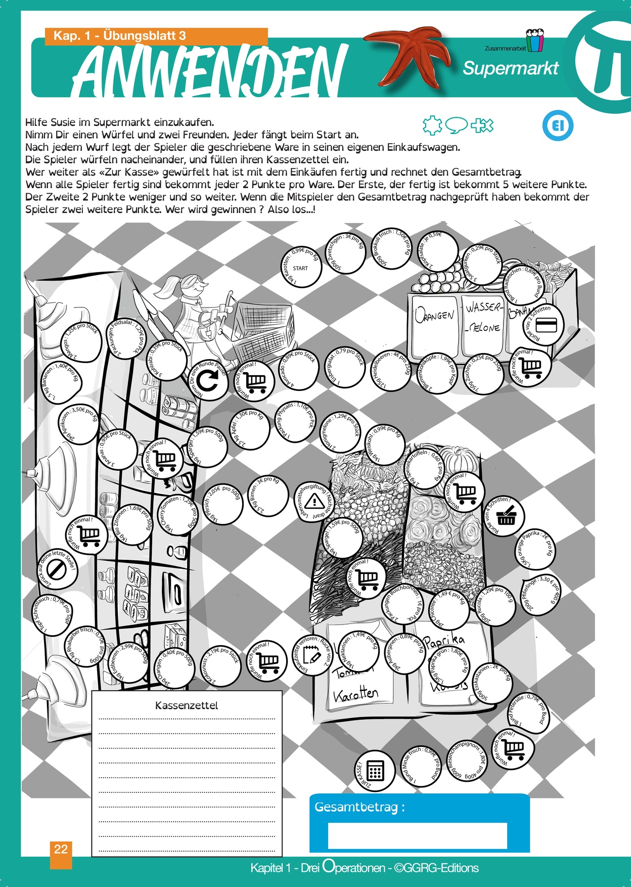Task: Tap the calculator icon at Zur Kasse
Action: pyautogui.click(x=375, y=771)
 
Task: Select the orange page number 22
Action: pyautogui.click(x=61, y=849)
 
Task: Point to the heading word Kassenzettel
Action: pyautogui.click(x=187, y=705)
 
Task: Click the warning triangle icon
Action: pyautogui.click(x=314, y=501)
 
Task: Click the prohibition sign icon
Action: pyautogui.click(x=57, y=569)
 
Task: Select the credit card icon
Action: pyautogui.click(x=546, y=325)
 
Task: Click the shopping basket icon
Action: pyautogui.click(x=506, y=517)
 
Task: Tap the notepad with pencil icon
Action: pyautogui.click(x=312, y=656)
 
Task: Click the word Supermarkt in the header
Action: pyautogui.click(x=511, y=68)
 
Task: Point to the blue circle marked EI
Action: pyautogui.click(x=558, y=125)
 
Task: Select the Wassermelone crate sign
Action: pyautogui.click(x=483, y=318)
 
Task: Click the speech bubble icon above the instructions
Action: pyautogui.click(x=458, y=124)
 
